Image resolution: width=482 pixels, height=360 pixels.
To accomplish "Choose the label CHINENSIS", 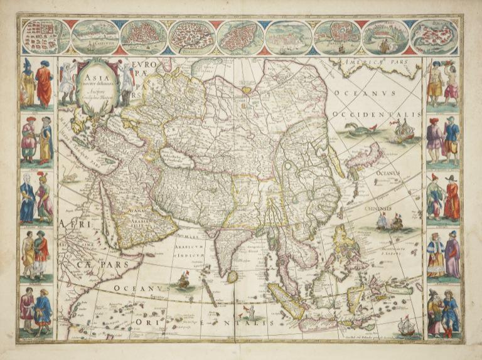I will click(378, 206).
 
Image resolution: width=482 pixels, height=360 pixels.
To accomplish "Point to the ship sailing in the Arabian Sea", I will click(183, 280).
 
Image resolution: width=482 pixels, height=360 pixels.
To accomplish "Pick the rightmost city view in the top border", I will click(434, 36).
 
